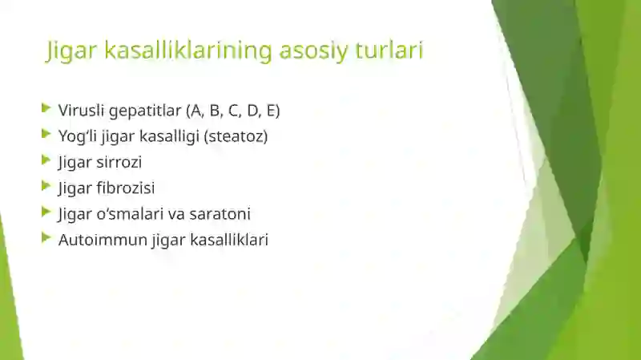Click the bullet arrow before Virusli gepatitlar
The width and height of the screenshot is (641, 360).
click(46, 107)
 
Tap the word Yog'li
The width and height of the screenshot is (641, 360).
click(78, 136)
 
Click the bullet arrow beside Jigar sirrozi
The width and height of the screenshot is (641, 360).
click(46, 160)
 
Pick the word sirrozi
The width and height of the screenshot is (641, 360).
click(120, 162)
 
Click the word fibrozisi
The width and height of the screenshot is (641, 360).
click(126, 188)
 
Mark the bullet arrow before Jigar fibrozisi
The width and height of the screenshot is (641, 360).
click(46, 186)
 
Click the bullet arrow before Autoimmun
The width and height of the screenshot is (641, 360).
click(46, 237)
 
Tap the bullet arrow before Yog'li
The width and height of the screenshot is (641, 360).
click(46, 134)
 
